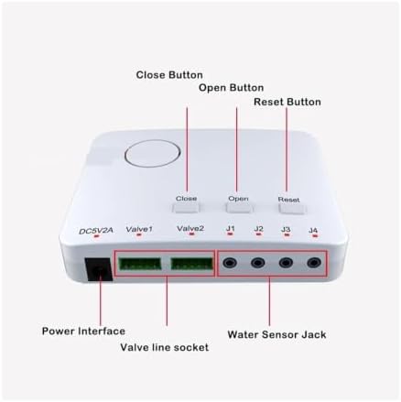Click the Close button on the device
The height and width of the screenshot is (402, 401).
coord(186,208)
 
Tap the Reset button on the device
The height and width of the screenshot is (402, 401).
coord(292,209)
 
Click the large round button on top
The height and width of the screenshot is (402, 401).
coord(153,155)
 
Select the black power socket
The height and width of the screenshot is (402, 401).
coord(99,269)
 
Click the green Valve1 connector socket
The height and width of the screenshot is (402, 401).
coord(140,264)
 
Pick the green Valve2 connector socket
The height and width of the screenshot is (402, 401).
coord(191,264)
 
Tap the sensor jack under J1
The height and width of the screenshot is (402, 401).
coord(230,263)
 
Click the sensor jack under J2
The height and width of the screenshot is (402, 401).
coord(258,263)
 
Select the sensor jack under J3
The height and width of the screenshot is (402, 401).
coord(286,263)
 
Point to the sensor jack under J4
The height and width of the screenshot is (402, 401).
coord(314,263)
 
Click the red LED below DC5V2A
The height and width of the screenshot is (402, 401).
coord(96,236)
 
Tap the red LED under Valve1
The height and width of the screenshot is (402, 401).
coord(139,234)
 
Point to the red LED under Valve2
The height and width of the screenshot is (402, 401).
coord(191,234)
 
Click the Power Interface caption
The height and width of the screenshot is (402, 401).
coord(83,331)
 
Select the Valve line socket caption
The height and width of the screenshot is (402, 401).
coord(165,347)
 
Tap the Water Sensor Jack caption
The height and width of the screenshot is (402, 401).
coord(276,334)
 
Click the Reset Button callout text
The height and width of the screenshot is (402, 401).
coord(287,102)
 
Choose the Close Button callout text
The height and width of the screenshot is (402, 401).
coord(169,75)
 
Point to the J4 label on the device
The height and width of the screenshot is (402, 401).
coord(313,230)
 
